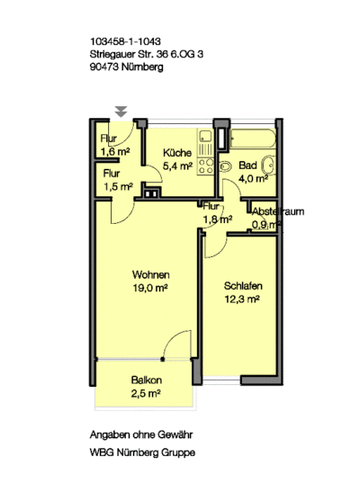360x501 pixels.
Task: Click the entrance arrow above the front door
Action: click(121, 112)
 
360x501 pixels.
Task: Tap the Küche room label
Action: click(177, 153)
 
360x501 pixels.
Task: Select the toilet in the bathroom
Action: click(226, 166)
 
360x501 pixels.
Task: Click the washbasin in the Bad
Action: click(268, 166)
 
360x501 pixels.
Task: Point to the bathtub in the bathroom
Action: click(253, 139)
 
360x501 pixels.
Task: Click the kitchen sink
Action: click(205, 137)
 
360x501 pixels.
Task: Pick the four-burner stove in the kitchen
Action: click(206, 166)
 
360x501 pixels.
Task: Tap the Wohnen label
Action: click(151, 274)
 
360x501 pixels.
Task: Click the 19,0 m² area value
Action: click(150, 288)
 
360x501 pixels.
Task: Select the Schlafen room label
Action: click(243, 286)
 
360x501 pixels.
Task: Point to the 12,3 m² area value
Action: click(242, 299)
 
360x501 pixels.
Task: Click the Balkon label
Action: click(147, 380)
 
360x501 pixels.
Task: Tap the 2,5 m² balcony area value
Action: click(146, 393)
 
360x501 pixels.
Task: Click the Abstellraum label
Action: click(278, 211)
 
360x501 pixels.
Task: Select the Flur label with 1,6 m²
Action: click(109, 139)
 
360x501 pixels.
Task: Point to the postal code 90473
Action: click(104, 67)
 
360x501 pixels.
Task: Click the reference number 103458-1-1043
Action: click(125, 41)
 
